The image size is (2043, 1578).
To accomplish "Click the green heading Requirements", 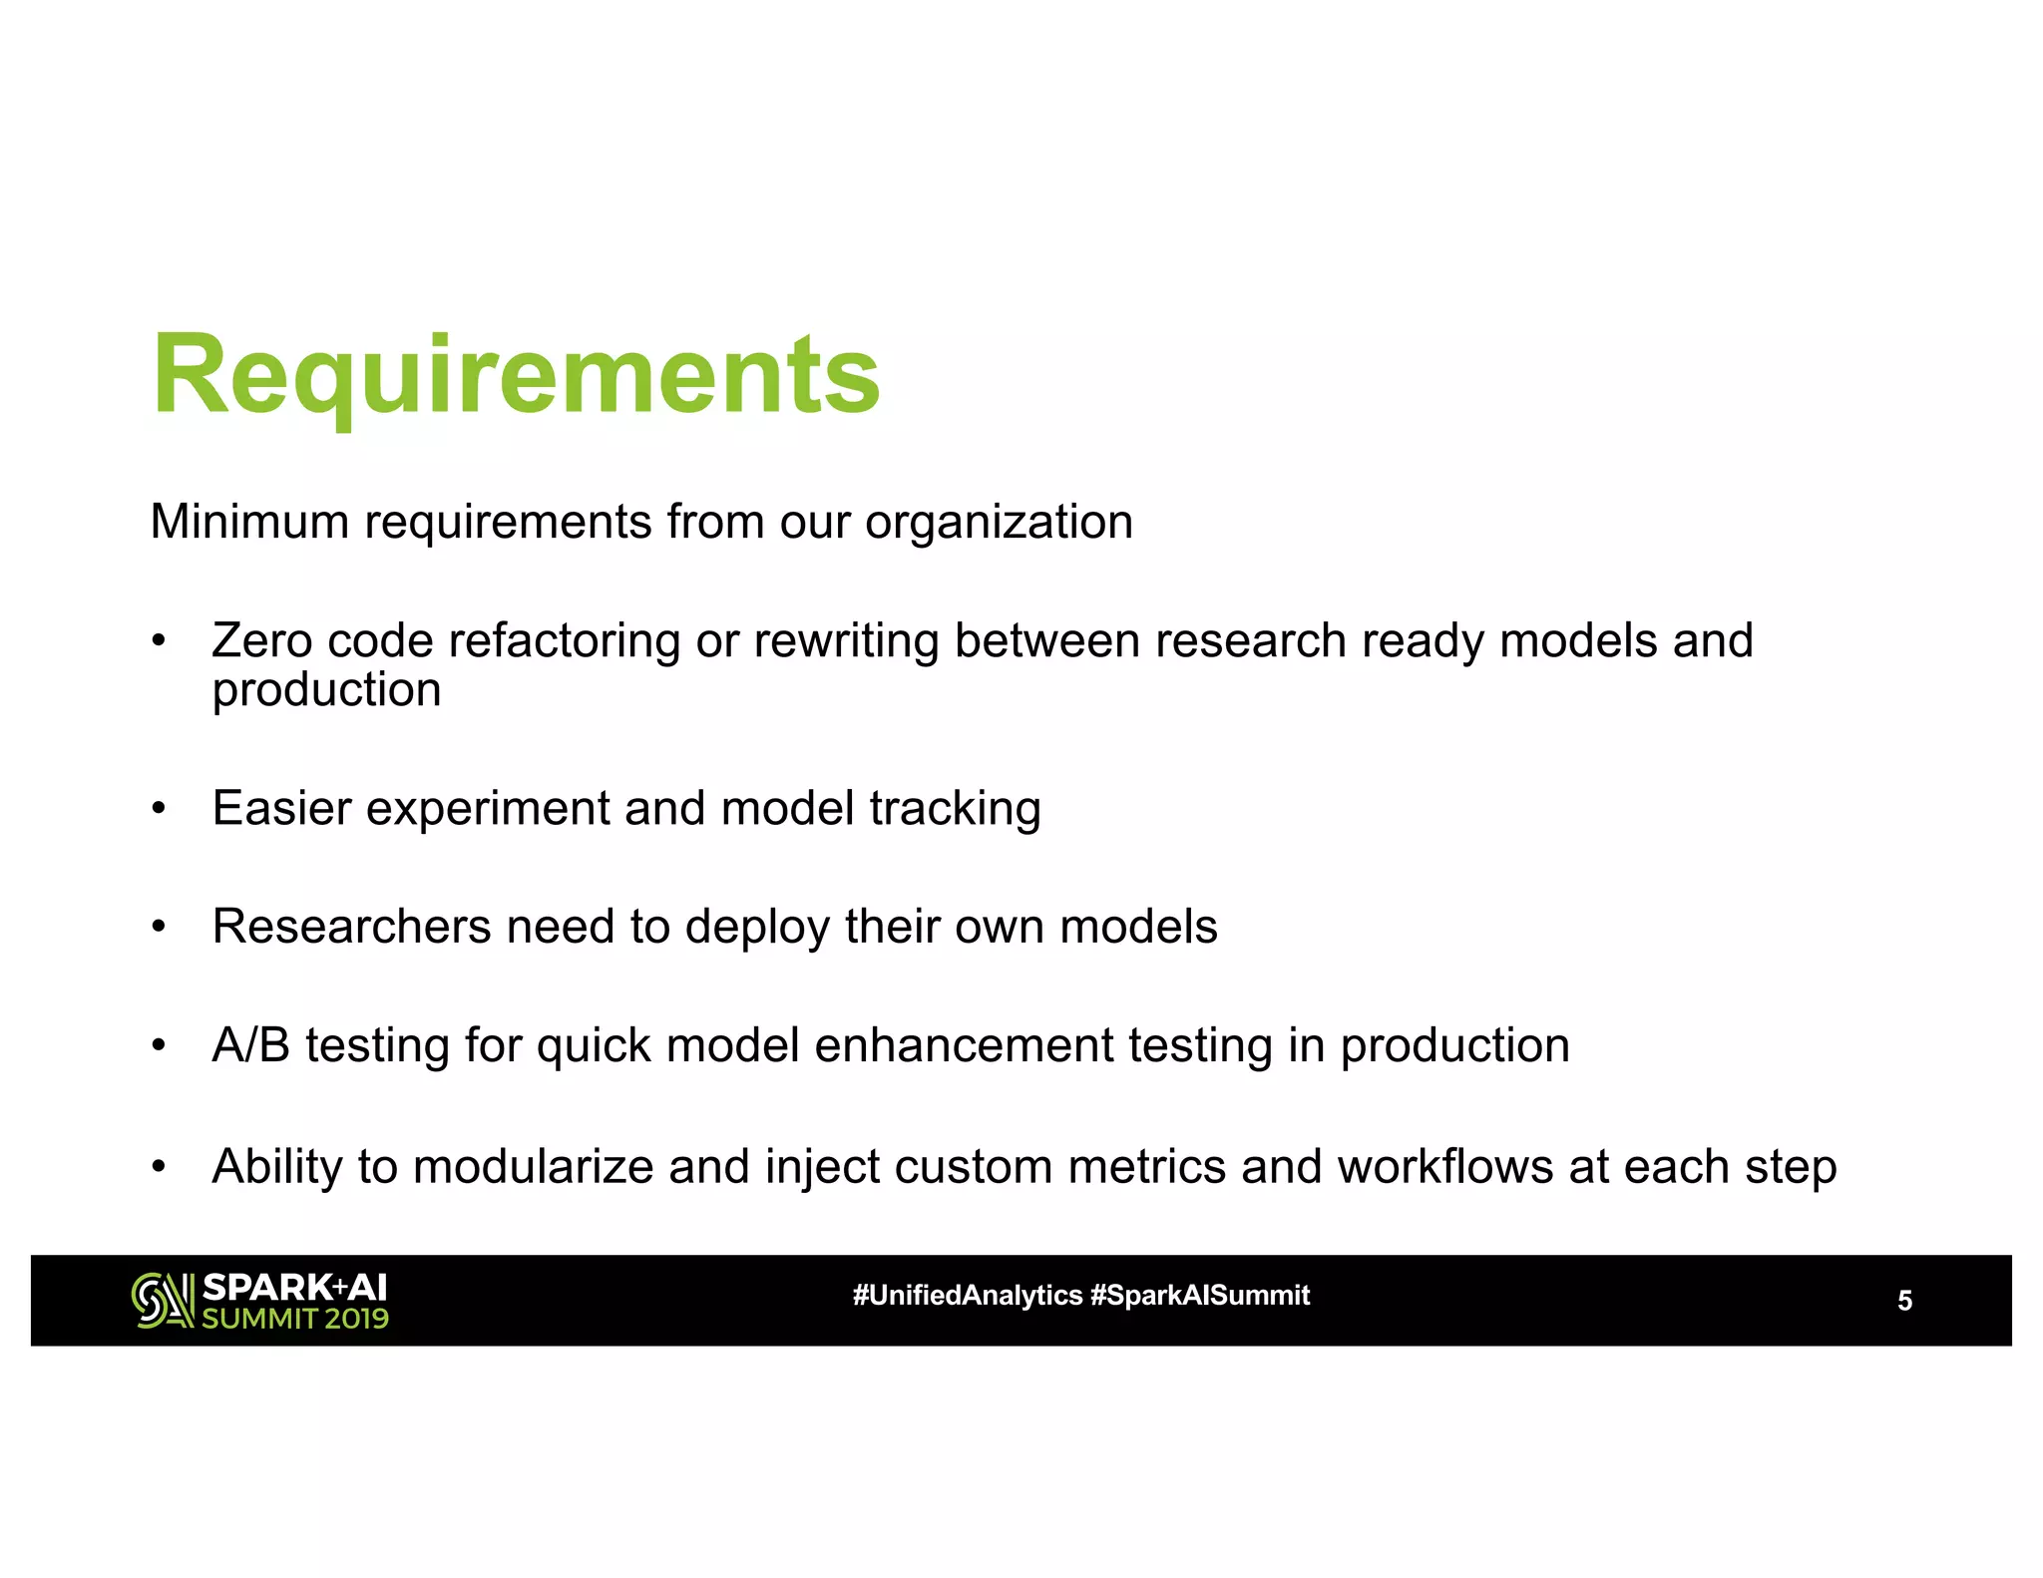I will (x=516, y=377).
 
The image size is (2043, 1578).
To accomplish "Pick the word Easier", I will (x=281, y=808).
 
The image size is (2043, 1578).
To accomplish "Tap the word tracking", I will (x=955, y=810).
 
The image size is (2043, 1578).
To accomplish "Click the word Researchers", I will (x=351, y=927).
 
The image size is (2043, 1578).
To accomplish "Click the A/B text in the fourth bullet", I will (x=250, y=1045).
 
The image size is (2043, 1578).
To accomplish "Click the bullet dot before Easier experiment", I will (x=158, y=808).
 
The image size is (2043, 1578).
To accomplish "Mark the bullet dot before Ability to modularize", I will (x=158, y=1166).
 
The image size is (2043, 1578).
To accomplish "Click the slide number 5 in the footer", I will (x=1904, y=1301).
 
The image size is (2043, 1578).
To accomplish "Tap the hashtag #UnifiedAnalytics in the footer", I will (x=967, y=1296).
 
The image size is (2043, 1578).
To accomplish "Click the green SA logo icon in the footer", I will (x=162, y=1301).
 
